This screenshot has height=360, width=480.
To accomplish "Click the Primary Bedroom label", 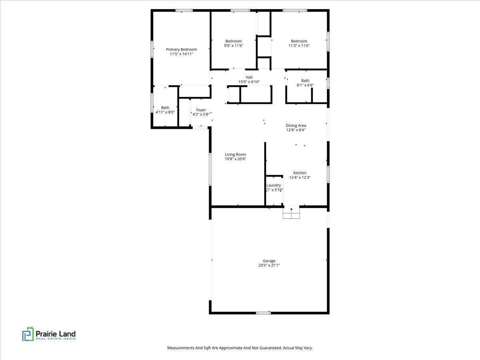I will point(181,49).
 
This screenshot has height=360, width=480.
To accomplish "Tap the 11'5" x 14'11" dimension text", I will point(181,54).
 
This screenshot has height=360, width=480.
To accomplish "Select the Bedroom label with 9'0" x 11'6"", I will point(233,41).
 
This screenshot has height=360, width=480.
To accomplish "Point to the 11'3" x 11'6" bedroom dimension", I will point(299,46).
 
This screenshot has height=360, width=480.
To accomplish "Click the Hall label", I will point(249,77).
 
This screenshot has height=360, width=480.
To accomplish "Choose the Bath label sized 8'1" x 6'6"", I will point(305,80).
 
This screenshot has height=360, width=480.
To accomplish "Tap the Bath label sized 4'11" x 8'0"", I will point(165,107).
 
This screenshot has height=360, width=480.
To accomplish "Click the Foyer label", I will point(201,110).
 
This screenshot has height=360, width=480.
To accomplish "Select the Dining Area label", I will point(296,125).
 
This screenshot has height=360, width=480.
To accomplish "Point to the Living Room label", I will point(235,154).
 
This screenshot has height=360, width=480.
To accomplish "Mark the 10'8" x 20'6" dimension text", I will point(235,159).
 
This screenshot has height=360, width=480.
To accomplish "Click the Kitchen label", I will point(300,173).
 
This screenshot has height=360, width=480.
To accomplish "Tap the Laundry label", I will point(274,185).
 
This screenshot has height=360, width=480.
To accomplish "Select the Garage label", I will point(269,261).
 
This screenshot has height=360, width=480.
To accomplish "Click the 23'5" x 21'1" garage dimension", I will point(269,266).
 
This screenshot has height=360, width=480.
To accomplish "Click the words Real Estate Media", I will point(56,339).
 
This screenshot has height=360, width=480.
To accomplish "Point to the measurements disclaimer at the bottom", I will point(240,348).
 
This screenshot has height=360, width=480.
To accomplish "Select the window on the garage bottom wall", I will point(263,312).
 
